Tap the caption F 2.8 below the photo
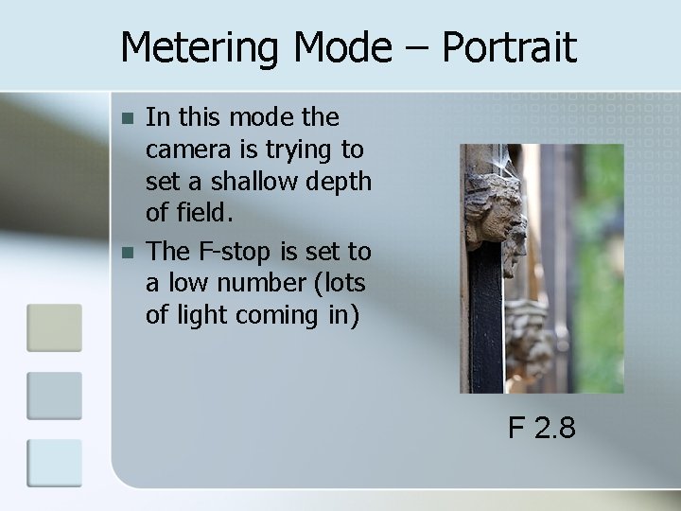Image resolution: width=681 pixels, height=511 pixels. click(541, 429)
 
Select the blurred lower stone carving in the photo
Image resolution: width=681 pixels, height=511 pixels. click(529, 342)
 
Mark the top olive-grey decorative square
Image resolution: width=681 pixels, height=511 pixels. click(54, 327)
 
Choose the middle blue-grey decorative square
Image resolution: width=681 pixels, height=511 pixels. click(54, 396)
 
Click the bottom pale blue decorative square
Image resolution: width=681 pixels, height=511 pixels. click(54, 464)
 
